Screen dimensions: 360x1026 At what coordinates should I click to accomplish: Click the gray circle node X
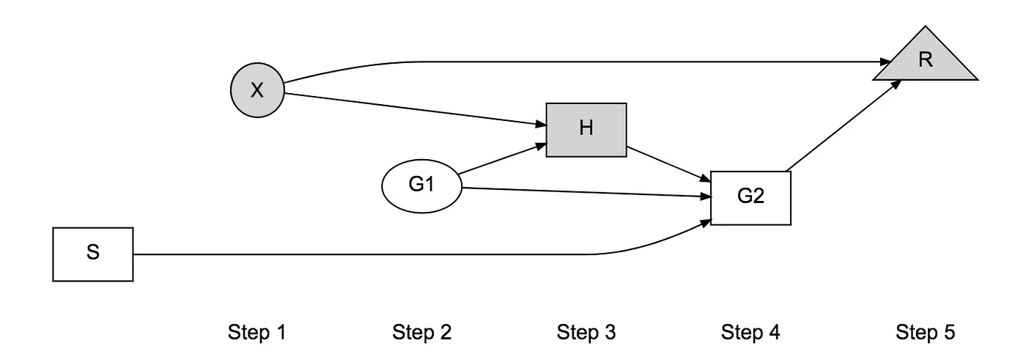256,91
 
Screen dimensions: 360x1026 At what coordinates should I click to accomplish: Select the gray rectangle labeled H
586,129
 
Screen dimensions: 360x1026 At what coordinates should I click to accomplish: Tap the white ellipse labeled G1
421,185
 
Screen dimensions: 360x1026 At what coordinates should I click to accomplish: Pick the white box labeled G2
750,198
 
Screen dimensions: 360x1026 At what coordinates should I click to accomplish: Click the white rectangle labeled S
93,254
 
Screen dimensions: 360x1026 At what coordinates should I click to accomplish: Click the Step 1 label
256,333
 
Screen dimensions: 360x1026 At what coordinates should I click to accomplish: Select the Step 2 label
421,333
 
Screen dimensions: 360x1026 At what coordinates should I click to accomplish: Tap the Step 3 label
586,333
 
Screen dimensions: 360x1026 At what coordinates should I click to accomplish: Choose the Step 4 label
750,333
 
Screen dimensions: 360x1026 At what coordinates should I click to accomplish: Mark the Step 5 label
926,333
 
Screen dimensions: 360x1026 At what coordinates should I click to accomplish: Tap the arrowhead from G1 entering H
541,146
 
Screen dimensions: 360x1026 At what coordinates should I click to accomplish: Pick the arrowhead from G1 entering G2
706,197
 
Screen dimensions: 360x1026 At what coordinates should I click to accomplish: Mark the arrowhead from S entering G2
706,221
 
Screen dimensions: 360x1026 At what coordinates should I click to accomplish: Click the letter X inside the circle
256,91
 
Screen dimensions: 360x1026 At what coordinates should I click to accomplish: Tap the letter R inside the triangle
926,60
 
